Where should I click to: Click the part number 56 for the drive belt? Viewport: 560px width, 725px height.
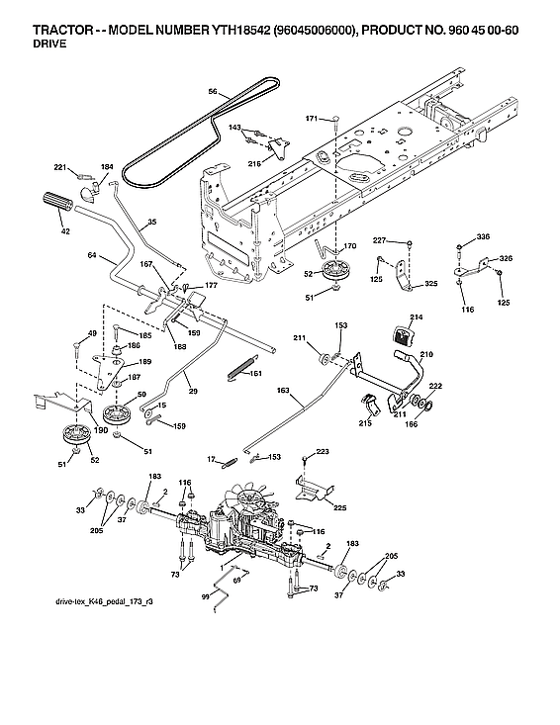[212, 91]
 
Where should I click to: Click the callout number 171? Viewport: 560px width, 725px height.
[312, 119]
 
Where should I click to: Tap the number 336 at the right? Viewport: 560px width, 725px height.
[483, 237]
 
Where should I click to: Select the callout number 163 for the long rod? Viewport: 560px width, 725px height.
[283, 392]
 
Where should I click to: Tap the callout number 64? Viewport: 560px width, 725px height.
[91, 256]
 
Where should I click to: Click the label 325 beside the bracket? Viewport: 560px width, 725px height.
[430, 285]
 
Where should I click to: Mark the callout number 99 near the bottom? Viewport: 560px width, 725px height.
[205, 596]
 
